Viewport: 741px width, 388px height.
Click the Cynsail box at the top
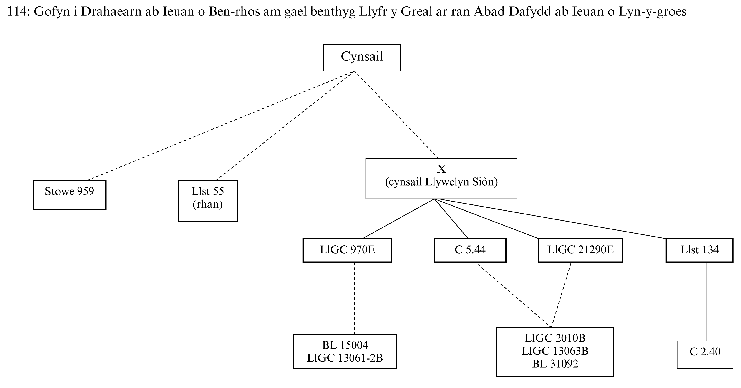(x=362, y=58)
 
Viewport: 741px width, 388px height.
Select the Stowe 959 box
(x=69, y=195)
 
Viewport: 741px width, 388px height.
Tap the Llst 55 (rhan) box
(x=207, y=201)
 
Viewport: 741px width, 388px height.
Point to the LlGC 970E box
(x=347, y=250)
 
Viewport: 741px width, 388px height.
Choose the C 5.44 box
(x=470, y=250)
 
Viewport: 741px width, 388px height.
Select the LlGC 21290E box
(x=580, y=250)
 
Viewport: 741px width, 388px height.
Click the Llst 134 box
(x=699, y=250)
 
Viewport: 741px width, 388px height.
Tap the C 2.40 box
(x=705, y=354)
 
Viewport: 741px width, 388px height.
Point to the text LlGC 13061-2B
(x=345, y=358)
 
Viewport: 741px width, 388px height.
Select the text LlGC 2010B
(x=555, y=338)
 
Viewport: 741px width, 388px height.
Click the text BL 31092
(x=555, y=364)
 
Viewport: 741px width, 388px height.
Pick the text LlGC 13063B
(x=555, y=351)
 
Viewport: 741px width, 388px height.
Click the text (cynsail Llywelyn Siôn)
(x=441, y=182)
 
